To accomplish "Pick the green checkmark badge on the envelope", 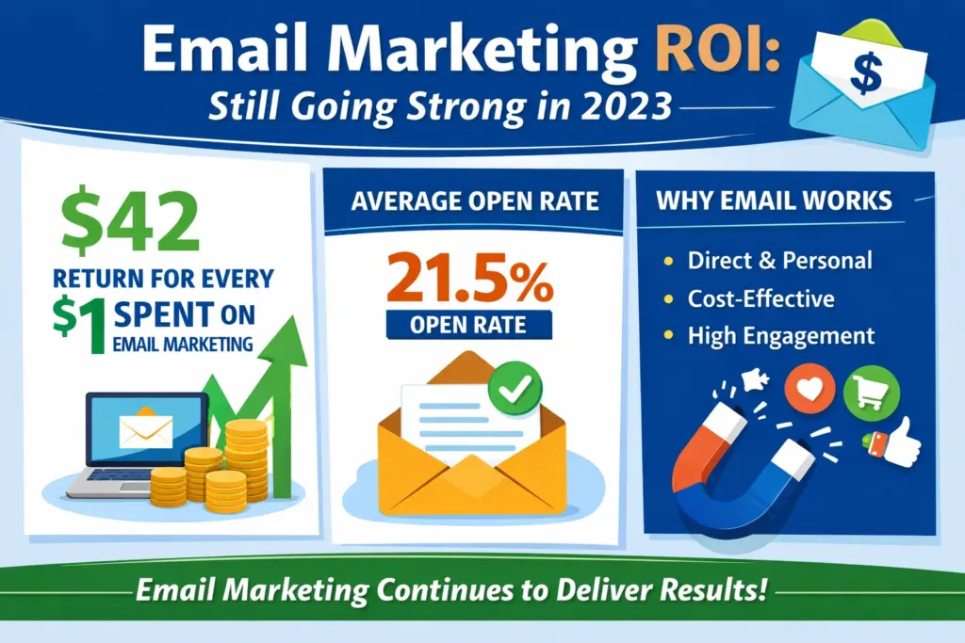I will click(515, 385).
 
